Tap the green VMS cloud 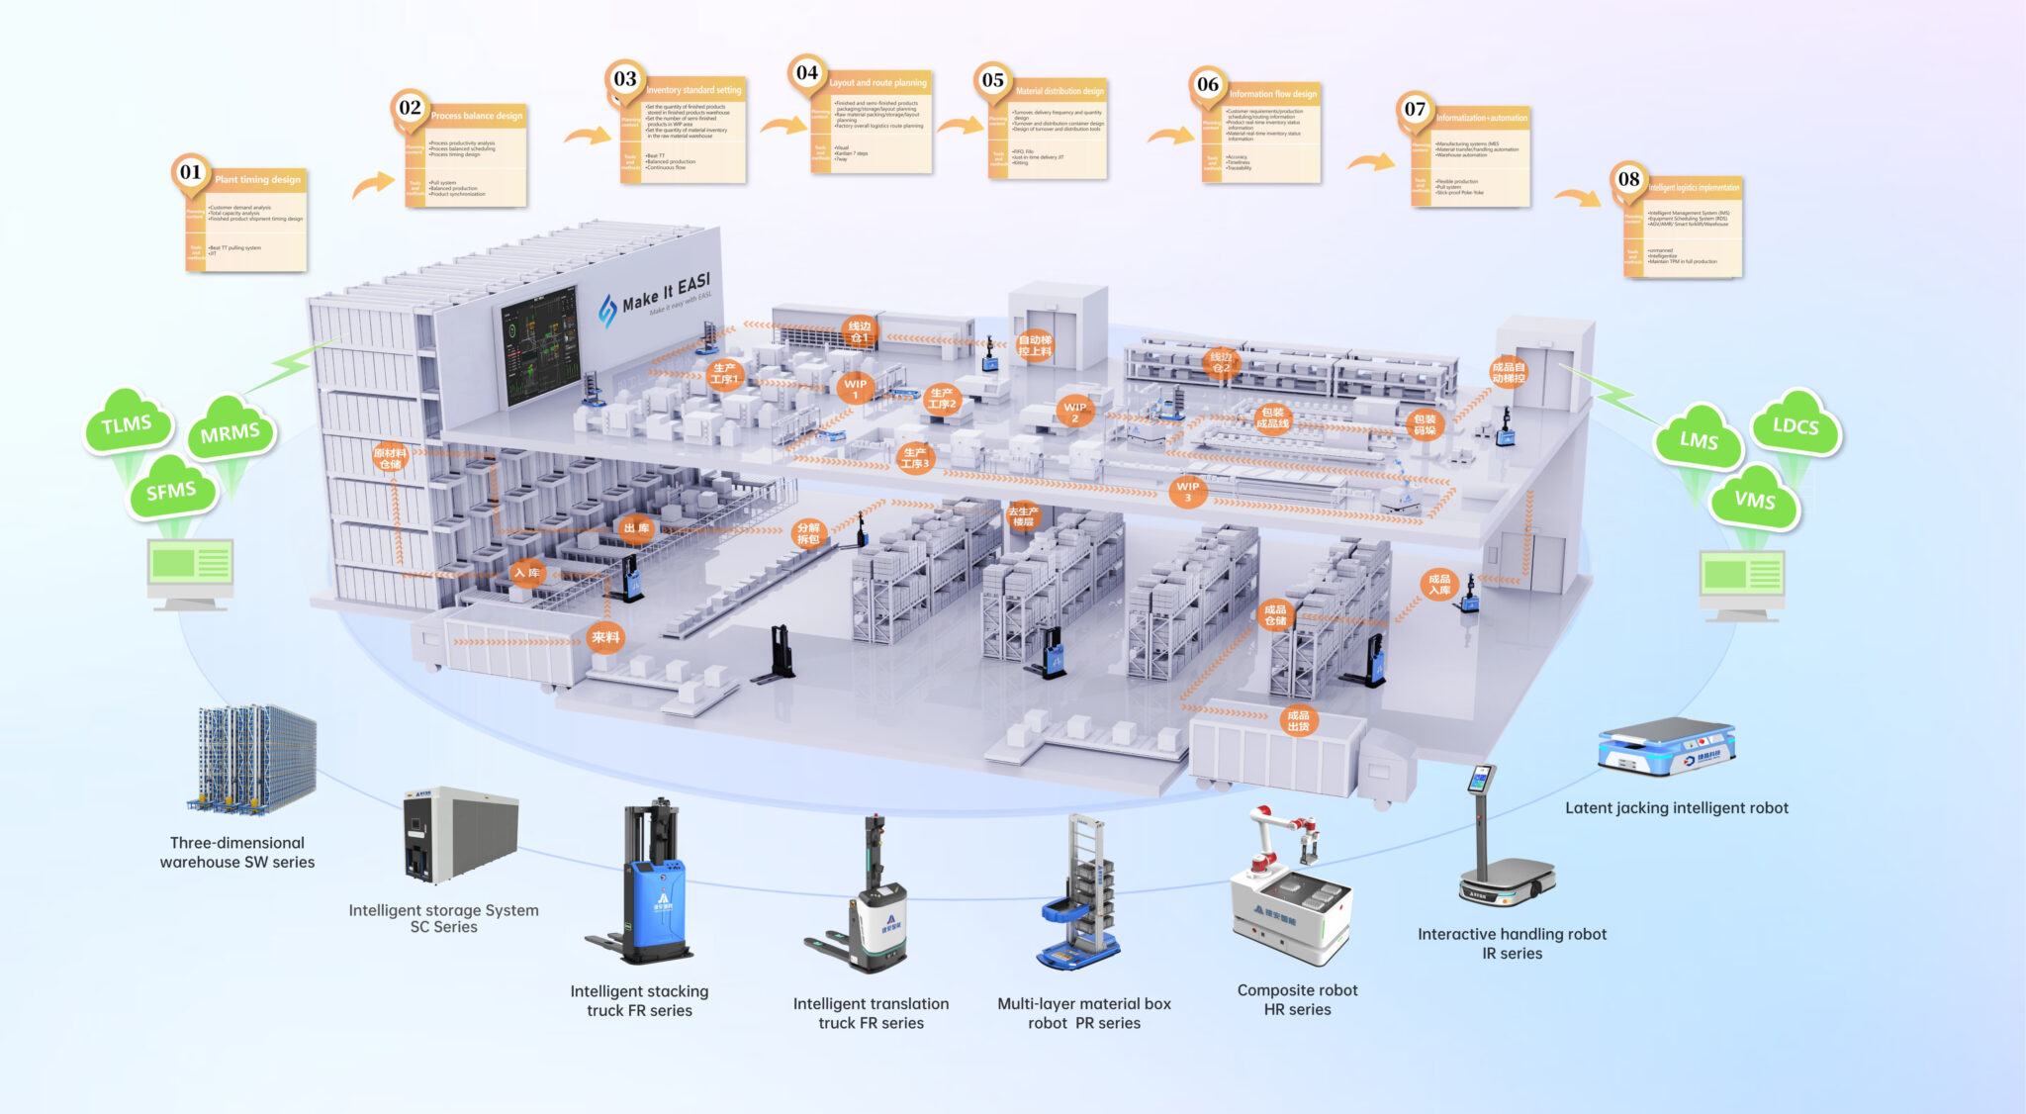click(1754, 500)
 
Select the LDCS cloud click(1795, 425)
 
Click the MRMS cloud click(230, 432)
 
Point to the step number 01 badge click(191, 172)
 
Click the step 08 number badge click(1628, 179)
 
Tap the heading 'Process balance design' click(477, 116)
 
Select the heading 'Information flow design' click(1273, 94)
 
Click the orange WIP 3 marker click(1187, 491)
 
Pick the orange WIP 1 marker click(856, 388)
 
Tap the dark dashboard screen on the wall click(540, 346)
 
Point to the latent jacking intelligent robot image click(1667, 746)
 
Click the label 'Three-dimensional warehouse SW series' click(237, 852)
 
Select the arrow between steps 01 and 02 click(373, 184)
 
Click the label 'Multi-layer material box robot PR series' click(1084, 1013)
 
